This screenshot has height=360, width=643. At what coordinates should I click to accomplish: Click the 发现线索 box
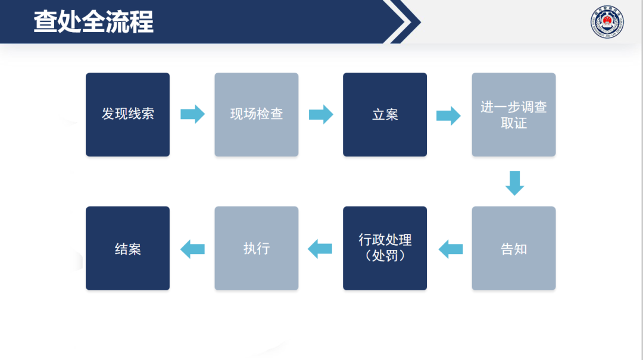tap(127, 114)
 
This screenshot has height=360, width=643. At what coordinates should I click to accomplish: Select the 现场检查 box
tap(256, 114)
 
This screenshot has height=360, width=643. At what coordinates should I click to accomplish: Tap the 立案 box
tap(385, 114)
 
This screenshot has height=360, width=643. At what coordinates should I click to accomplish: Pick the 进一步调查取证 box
tap(513, 114)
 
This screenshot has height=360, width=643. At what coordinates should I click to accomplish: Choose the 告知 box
tap(513, 248)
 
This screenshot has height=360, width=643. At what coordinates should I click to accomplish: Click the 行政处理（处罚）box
tap(385, 248)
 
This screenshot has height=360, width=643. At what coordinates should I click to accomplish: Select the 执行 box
tap(256, 248)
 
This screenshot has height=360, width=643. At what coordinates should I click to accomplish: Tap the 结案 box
tap(127, 248)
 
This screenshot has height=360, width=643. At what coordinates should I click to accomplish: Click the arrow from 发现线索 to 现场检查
tap(192, 114)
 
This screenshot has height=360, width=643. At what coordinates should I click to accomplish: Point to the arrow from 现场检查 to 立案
tap(321, 114)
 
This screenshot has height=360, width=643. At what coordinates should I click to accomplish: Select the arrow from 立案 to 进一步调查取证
tap(448, 115)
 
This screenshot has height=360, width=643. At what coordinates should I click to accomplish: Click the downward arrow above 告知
tap(514, 183)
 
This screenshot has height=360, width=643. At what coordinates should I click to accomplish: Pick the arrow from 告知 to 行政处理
tap(451, 249)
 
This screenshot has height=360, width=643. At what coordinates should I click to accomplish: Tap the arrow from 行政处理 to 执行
tap(320, 249)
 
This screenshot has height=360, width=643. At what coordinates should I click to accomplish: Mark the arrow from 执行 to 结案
tap(192, 249)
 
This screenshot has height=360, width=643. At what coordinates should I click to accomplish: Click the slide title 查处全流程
tap(93, 21)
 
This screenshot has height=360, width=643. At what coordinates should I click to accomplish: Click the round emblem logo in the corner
tap(607, 24)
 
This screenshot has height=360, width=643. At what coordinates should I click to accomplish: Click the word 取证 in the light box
tap(513, 123)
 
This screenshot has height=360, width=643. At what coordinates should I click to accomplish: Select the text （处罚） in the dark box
tap(385, 256)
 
